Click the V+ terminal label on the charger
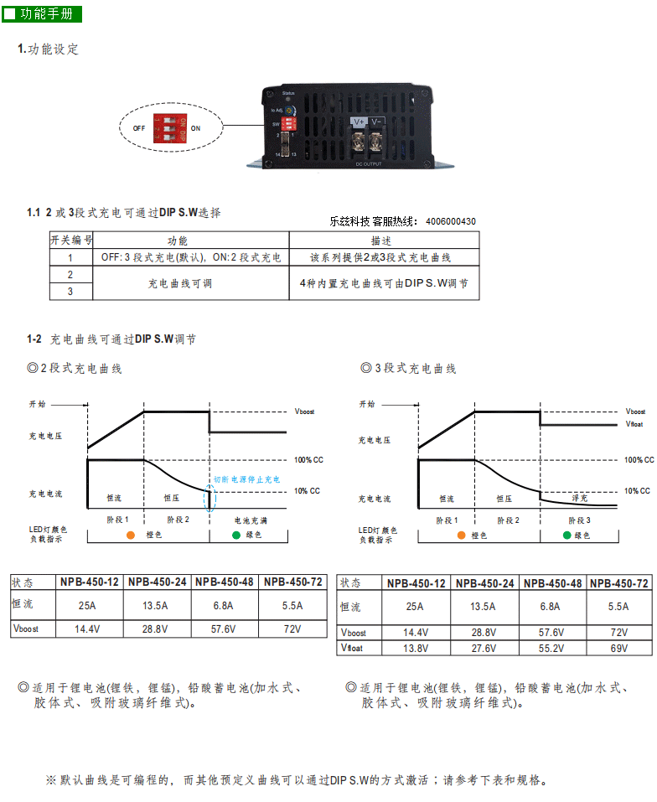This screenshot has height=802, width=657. point(359,122)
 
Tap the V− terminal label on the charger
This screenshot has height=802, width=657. point(377,122)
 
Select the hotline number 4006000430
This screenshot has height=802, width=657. point(451,222)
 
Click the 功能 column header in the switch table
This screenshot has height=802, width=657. point(178,241)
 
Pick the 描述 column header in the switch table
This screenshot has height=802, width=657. point(382,241)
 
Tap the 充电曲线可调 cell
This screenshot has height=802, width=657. point(180,283)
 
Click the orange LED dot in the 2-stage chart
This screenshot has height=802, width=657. point(131,534)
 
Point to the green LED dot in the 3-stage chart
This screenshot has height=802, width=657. point(567,534)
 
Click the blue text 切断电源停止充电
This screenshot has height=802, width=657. point(246,479)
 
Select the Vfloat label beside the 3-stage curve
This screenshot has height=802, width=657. point(634,424)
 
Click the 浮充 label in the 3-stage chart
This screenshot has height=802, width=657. point(579,498)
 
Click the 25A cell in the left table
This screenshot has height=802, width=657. point(85,606)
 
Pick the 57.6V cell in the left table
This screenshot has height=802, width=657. point(225,629)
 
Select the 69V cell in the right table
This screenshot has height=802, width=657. point(618,648)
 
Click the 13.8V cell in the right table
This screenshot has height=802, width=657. point(416,648)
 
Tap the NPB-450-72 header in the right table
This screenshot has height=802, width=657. point(618,583)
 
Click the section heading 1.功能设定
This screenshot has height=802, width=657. point(49,49)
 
